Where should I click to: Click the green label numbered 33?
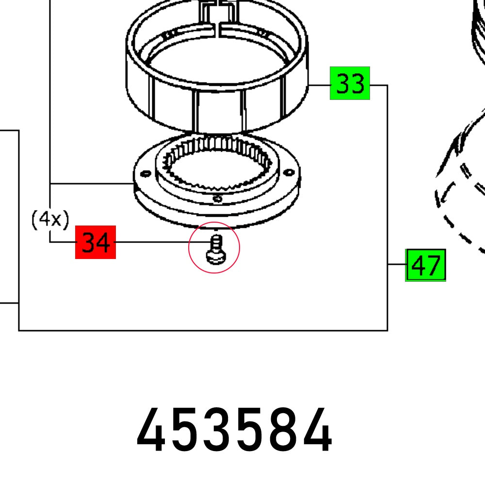click(350, 83)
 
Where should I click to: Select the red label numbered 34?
click(96, 242)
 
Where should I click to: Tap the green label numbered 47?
click(425, 265)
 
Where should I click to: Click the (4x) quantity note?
click(50, 220)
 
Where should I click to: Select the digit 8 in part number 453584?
click(284, 431)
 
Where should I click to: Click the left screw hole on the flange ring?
click(143, 173)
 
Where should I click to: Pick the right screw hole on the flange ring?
click(290, 172)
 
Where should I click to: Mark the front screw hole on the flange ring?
click(218, 198)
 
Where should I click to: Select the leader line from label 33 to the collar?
click(319, 85)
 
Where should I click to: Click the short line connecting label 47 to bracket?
click(396, 264)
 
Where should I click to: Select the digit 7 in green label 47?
click(433, 265)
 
